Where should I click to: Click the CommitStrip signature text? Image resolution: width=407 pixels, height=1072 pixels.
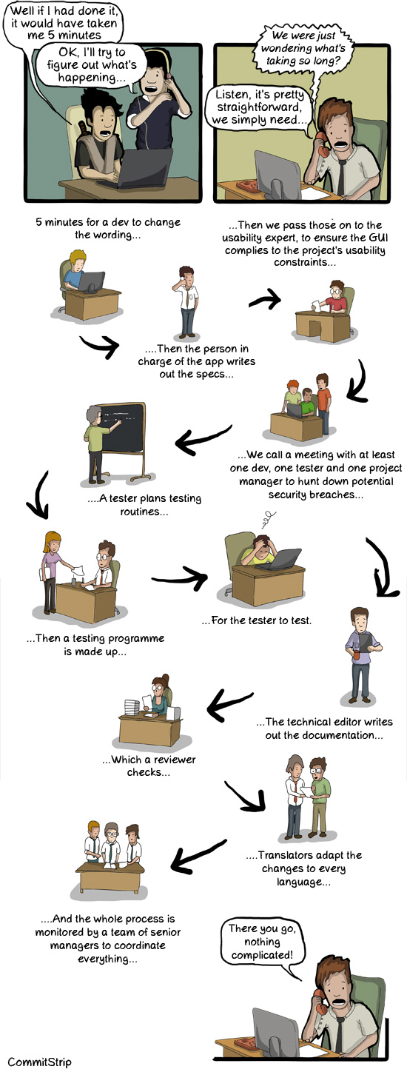coord(40,1062)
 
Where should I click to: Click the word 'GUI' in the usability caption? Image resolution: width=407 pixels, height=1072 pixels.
coord(378,238)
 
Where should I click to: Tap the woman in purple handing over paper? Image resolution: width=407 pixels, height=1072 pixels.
coord(52,572)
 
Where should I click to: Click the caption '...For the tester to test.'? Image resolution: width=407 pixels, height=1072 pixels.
coord(257,620)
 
